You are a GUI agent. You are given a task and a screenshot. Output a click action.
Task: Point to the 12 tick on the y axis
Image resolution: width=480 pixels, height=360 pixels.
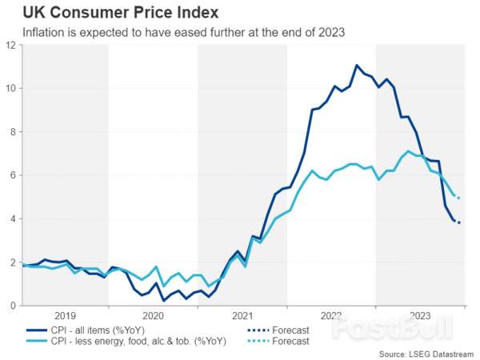(10, 45)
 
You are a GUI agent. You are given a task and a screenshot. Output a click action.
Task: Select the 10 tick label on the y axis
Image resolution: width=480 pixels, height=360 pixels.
(10, 88)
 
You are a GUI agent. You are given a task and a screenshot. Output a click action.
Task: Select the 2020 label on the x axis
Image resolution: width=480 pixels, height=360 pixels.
(153, 315)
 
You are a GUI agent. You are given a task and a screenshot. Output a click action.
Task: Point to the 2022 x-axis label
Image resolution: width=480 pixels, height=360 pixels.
(330, 315)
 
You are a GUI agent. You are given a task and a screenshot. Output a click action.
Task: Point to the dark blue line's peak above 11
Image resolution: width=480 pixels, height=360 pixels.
(357, 65)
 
